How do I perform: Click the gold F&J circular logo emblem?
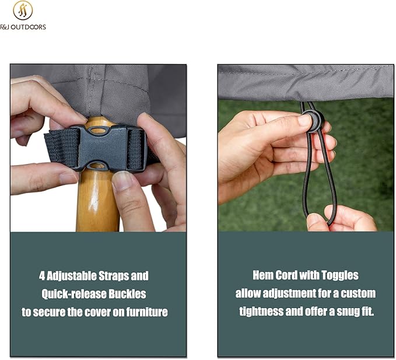click(x=23, y=11)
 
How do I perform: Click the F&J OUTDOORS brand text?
click(x=23, y=27)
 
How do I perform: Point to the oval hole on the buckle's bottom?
click(x=96, y=166)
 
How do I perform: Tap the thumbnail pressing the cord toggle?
click(x=305, y=121)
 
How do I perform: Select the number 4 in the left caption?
click(x=42, y=275)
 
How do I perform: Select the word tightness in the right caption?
click(x=261, y=312)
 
